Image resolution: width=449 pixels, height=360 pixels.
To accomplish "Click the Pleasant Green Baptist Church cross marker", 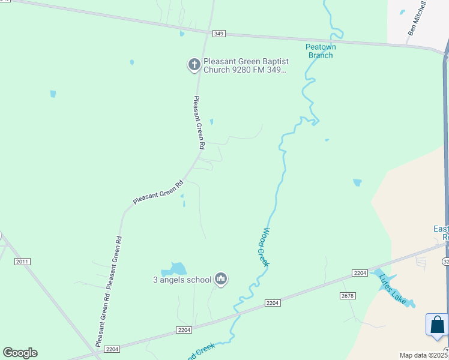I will coord(194,64).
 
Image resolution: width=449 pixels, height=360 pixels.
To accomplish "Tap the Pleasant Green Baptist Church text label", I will coord(244,65).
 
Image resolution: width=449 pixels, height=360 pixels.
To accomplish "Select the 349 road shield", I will coord(218,34).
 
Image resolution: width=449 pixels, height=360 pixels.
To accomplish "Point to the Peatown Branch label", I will coord(321,51).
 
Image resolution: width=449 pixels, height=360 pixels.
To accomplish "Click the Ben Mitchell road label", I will coord(417,18).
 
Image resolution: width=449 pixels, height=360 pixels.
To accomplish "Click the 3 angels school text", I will coord(181,280).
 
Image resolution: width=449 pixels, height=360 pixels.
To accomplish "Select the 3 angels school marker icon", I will coord(221,278).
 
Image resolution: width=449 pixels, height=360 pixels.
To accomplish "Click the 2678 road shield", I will coord(348,296).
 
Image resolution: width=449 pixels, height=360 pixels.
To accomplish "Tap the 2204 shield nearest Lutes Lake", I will coord(360,274).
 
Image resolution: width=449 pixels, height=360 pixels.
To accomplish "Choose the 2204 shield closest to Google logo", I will coord(112,349).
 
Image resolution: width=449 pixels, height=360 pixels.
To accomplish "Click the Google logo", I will coord(20,353).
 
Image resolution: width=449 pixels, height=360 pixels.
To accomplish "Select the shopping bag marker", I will coord(437,325).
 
